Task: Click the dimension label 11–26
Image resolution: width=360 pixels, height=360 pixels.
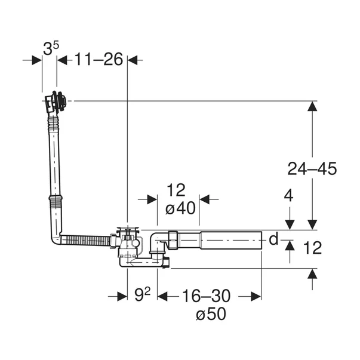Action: [99, 60]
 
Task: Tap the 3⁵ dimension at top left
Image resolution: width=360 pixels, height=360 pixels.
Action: [51, 48]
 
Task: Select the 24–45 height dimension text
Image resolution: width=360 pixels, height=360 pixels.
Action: [312, 169]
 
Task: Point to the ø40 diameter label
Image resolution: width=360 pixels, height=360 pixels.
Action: [180, 208]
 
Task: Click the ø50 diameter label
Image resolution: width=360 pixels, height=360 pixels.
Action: [211, 314]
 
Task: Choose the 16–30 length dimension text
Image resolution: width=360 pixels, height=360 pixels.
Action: [206, 296]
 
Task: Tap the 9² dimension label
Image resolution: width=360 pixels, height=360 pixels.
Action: [142, 294]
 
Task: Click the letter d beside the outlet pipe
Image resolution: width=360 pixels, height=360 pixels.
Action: [273, 239]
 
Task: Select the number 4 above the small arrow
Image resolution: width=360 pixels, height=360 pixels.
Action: [288, 196]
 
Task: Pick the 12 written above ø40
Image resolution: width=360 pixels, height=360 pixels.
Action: [176, 190]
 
